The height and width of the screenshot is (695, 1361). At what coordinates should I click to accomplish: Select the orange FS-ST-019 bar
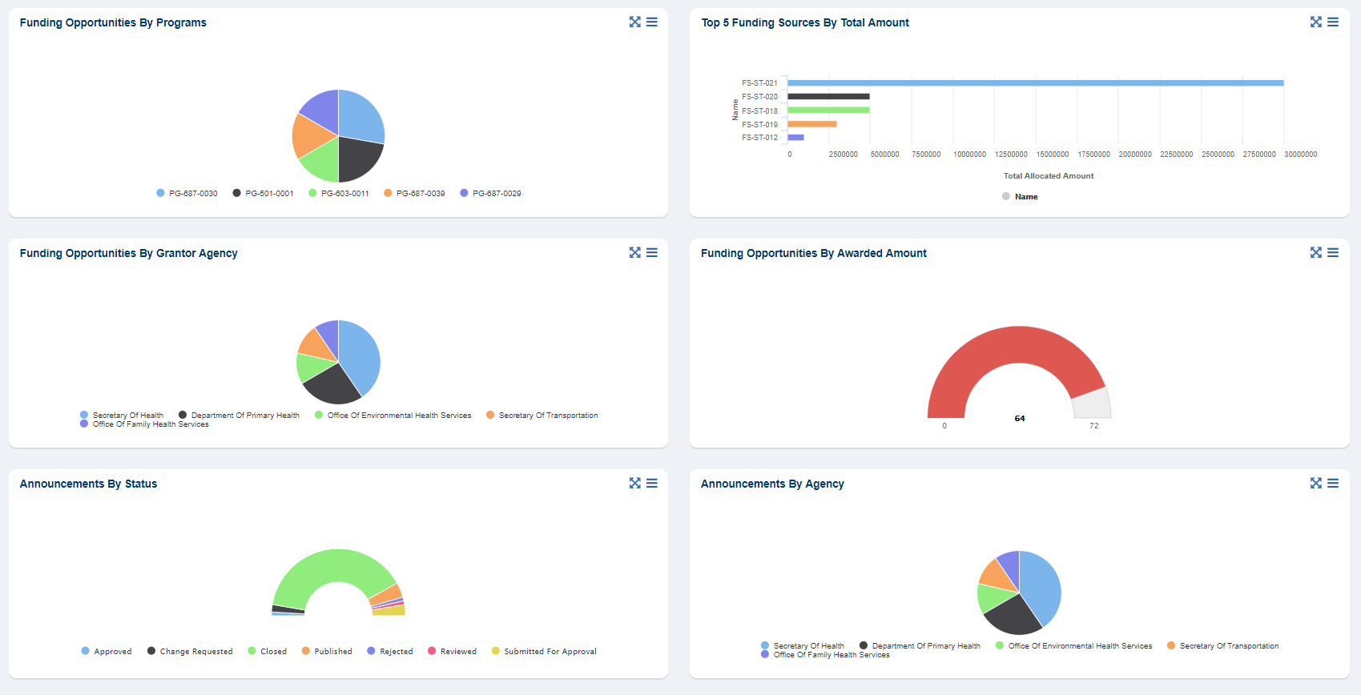pyautogui.click(x=812, y=124)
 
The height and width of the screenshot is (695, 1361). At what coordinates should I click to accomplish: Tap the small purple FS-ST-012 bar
pyautogui.click(x=795, y=138)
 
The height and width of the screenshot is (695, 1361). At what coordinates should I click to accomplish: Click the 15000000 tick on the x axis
pyautogui.click(x=1052, y=155)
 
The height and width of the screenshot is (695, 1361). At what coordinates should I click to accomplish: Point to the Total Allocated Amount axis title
pyautogui.click(x=1048, y=176)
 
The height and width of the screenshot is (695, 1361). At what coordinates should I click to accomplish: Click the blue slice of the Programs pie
pyautogui.click(x=360, y=117)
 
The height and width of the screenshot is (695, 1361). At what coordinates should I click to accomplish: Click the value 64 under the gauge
pyautogui.click(x=1019, y=419)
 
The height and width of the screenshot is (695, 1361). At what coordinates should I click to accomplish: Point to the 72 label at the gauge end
pyautogui.click(x=1093, y=426)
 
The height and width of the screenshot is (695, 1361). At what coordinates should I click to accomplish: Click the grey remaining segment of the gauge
pyautogui.click(x=1093, y=404)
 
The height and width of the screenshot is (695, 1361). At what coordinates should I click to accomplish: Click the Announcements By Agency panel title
pyautogui.click(x=771, y=484)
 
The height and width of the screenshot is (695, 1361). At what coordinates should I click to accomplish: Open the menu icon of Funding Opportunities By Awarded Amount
pyautogui.click(x=1333, y=253)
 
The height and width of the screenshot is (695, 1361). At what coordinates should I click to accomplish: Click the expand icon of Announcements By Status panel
pyautogui.click(x=634, y=484)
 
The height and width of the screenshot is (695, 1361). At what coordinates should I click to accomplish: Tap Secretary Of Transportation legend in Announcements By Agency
pyautogui.click(x=1228, y=646)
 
